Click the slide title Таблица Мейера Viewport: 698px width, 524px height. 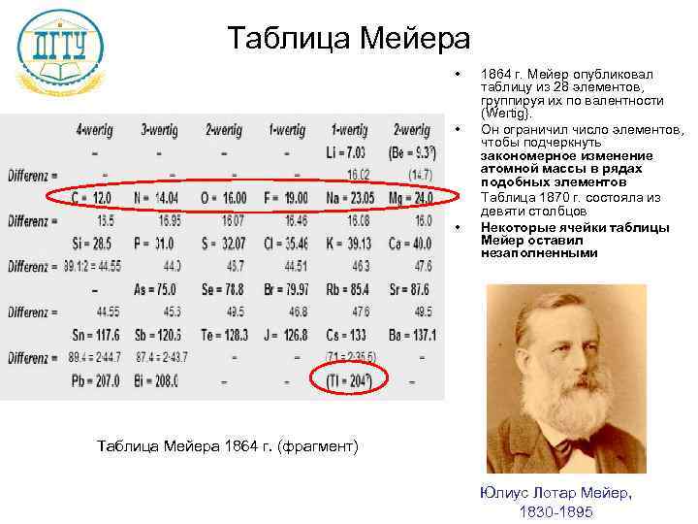[348, 39]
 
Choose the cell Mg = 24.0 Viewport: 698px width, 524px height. [411, 198]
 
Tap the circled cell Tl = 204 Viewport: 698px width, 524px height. [347, 380]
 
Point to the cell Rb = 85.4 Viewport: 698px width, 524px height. [348, 289]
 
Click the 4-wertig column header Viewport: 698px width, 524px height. [93, 129]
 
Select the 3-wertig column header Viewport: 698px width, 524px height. [159, 129]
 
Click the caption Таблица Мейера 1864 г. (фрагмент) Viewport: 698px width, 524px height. [228, 445]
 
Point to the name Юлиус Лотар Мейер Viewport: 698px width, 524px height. [555, 492]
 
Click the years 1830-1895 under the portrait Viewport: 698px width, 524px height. [555, 511]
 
